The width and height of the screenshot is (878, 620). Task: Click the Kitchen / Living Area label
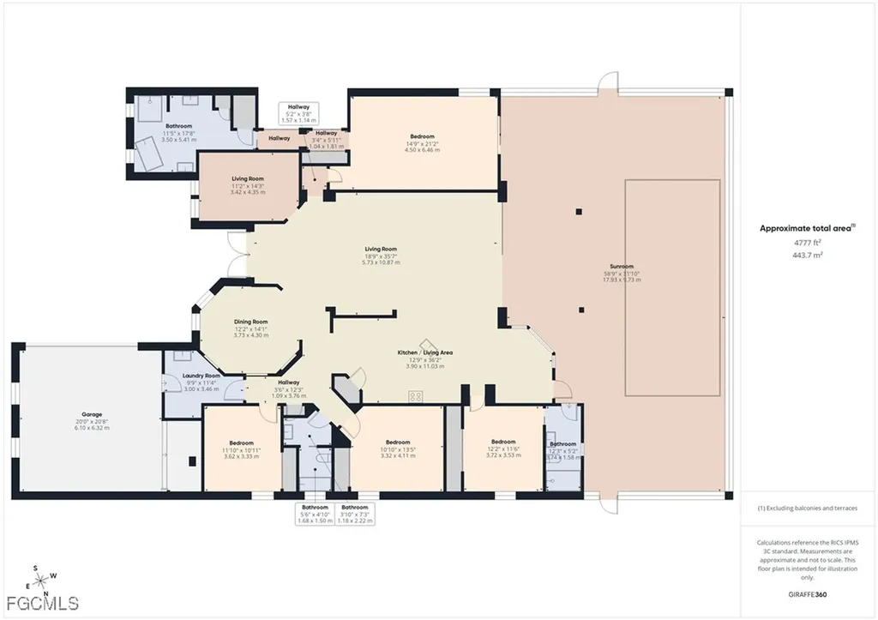point(424,352)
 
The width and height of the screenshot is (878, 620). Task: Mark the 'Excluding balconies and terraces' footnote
point(807,509)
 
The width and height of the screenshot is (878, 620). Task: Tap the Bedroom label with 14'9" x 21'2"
point(422,136)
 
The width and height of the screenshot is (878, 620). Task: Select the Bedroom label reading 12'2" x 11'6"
point(503,442)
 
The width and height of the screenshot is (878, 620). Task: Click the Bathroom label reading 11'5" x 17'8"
point(179,127)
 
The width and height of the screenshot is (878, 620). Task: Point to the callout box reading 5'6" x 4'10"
point(315,514)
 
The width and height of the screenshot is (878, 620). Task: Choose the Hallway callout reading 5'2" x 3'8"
point(299,112)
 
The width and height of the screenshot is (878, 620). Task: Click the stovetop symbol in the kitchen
point(418,396)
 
